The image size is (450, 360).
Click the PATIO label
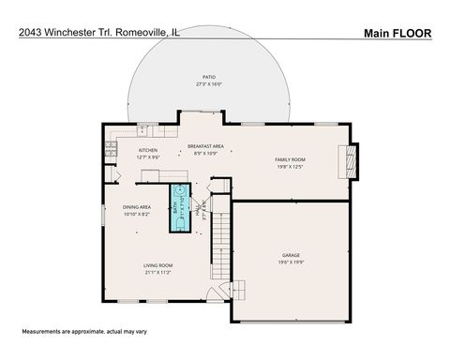[x=208, y=77]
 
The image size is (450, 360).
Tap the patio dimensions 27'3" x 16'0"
[x=208, y=84]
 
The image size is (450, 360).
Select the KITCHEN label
[x=148, y=150]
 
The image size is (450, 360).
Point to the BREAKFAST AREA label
[x=204, y=146]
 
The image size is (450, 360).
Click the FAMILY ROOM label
[x=290, y=159]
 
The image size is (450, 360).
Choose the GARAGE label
[x=291, y=254]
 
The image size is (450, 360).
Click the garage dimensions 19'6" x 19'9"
[x=291, y=262]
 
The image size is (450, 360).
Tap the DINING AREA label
[x=138, y=207]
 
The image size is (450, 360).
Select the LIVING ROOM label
[x=157, y=265]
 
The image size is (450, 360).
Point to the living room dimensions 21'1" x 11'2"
[x=157, y=273]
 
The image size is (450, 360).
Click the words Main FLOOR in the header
[x=397, y=32]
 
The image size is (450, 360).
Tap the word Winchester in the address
[x=73, y=32]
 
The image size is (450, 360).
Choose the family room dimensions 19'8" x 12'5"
[x=290, y=167]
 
